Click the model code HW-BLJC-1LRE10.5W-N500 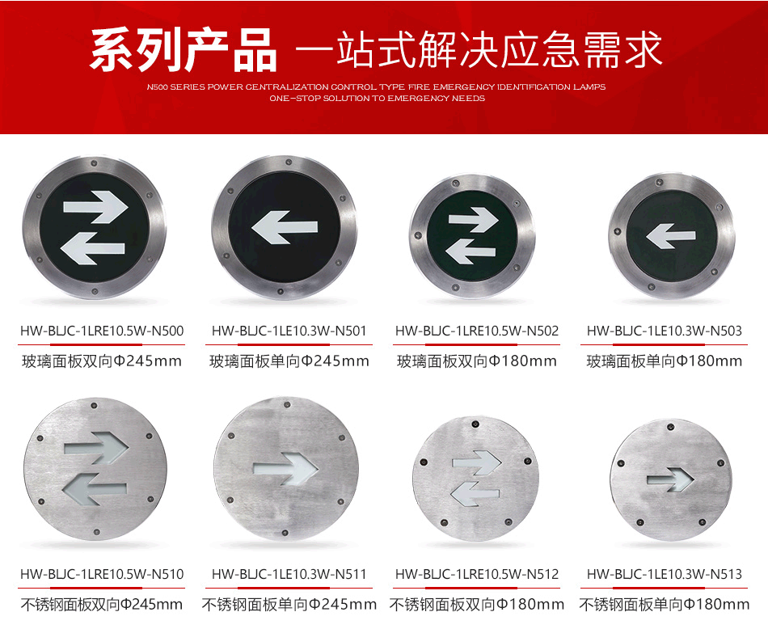102,331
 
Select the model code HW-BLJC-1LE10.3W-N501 289,331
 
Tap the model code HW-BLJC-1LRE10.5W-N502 477,331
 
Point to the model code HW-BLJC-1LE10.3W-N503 665,331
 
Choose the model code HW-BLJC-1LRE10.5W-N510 102,575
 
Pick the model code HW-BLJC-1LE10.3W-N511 289,575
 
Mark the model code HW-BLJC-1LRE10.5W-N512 477,575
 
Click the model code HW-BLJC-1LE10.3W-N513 665,575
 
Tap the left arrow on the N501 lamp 285,230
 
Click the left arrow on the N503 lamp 671,237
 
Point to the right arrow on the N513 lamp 669,481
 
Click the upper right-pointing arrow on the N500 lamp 96,208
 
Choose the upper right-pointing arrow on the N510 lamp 97,447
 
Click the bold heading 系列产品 184,50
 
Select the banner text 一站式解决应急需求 479,50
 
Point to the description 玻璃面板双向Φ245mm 102,361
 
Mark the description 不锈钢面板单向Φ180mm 665,605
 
